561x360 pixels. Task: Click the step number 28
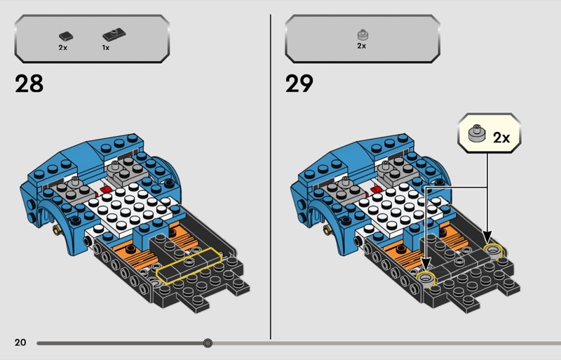[29, 84]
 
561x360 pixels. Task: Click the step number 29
[299, 84]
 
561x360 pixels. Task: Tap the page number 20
[20, 342]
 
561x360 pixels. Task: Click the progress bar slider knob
[208, 343]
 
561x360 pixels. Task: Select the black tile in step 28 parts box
[66, 36]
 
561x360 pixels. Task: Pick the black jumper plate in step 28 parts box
[114, 35]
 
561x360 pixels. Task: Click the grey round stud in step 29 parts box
[363, 35]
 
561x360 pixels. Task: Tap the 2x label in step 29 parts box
[361, 46]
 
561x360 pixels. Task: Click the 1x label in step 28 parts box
[106, 47]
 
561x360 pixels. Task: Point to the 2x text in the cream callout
[501, 138]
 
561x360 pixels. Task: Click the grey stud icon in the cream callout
[477, 133]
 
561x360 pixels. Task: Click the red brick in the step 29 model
[376, 189]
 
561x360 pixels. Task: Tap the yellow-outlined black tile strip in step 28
[189, 265]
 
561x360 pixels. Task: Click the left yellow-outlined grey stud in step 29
[426, 279]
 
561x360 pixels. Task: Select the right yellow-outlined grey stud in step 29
[493, 251]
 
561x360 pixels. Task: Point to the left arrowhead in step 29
[426, 265]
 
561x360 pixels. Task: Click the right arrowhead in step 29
[487, 237]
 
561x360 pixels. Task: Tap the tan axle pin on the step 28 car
[56, 229]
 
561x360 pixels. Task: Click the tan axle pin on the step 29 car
[326, 229]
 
